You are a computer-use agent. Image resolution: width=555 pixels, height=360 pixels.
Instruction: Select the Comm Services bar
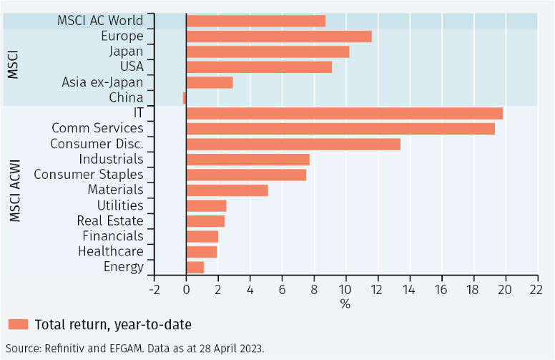point(340,129)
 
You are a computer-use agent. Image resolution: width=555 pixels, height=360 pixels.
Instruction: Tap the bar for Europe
point(279,37)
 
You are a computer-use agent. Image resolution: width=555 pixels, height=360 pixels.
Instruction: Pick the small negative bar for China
point(185,98)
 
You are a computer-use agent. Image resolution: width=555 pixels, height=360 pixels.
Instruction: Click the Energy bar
point(195,267)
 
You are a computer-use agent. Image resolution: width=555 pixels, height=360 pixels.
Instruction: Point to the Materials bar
point(227,190)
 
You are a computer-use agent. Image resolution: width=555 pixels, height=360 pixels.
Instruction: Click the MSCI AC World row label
point(100,21)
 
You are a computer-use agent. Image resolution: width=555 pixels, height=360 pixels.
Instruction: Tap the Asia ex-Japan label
point(102,82)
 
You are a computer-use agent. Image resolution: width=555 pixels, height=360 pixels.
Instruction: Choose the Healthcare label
point(111,252)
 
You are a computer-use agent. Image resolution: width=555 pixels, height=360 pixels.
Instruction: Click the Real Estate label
point(111,221)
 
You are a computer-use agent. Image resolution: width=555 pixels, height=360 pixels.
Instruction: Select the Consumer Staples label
point(89,175)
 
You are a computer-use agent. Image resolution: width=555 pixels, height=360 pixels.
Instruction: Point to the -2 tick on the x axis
point(154,289)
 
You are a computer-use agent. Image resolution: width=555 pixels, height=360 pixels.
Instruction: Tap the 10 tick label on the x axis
point(346,289)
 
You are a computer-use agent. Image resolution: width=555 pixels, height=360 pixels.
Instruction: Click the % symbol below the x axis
point(345,303)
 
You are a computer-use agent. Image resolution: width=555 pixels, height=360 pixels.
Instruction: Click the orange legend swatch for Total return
point(19,324)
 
